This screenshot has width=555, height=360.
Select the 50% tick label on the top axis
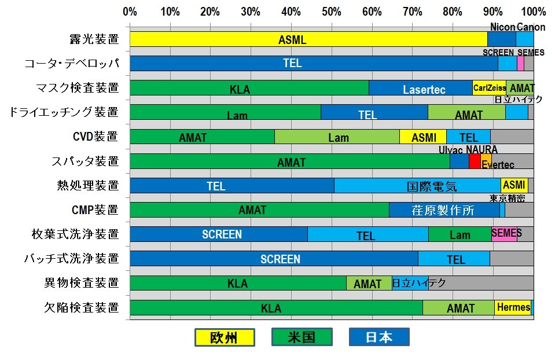[x=331, y=11]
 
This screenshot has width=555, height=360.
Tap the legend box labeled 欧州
[x=223, y=337]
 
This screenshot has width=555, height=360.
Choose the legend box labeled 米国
[x=302, y=337]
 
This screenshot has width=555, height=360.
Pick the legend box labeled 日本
[x=379, y=337]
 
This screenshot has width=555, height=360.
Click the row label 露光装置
[x=93, y=39]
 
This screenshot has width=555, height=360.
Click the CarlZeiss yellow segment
[x=489, y=88]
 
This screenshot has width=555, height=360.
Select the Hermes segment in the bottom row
[x=512, y=307]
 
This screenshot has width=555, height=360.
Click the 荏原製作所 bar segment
[x=444, y=210]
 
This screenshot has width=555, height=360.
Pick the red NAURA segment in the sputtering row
[x=475, y=161]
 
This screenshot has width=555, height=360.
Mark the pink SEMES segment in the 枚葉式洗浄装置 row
[x=504, y=234]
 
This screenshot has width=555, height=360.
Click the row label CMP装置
[x=95, y=210]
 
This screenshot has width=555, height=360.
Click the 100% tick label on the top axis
[x=532, y=11]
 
